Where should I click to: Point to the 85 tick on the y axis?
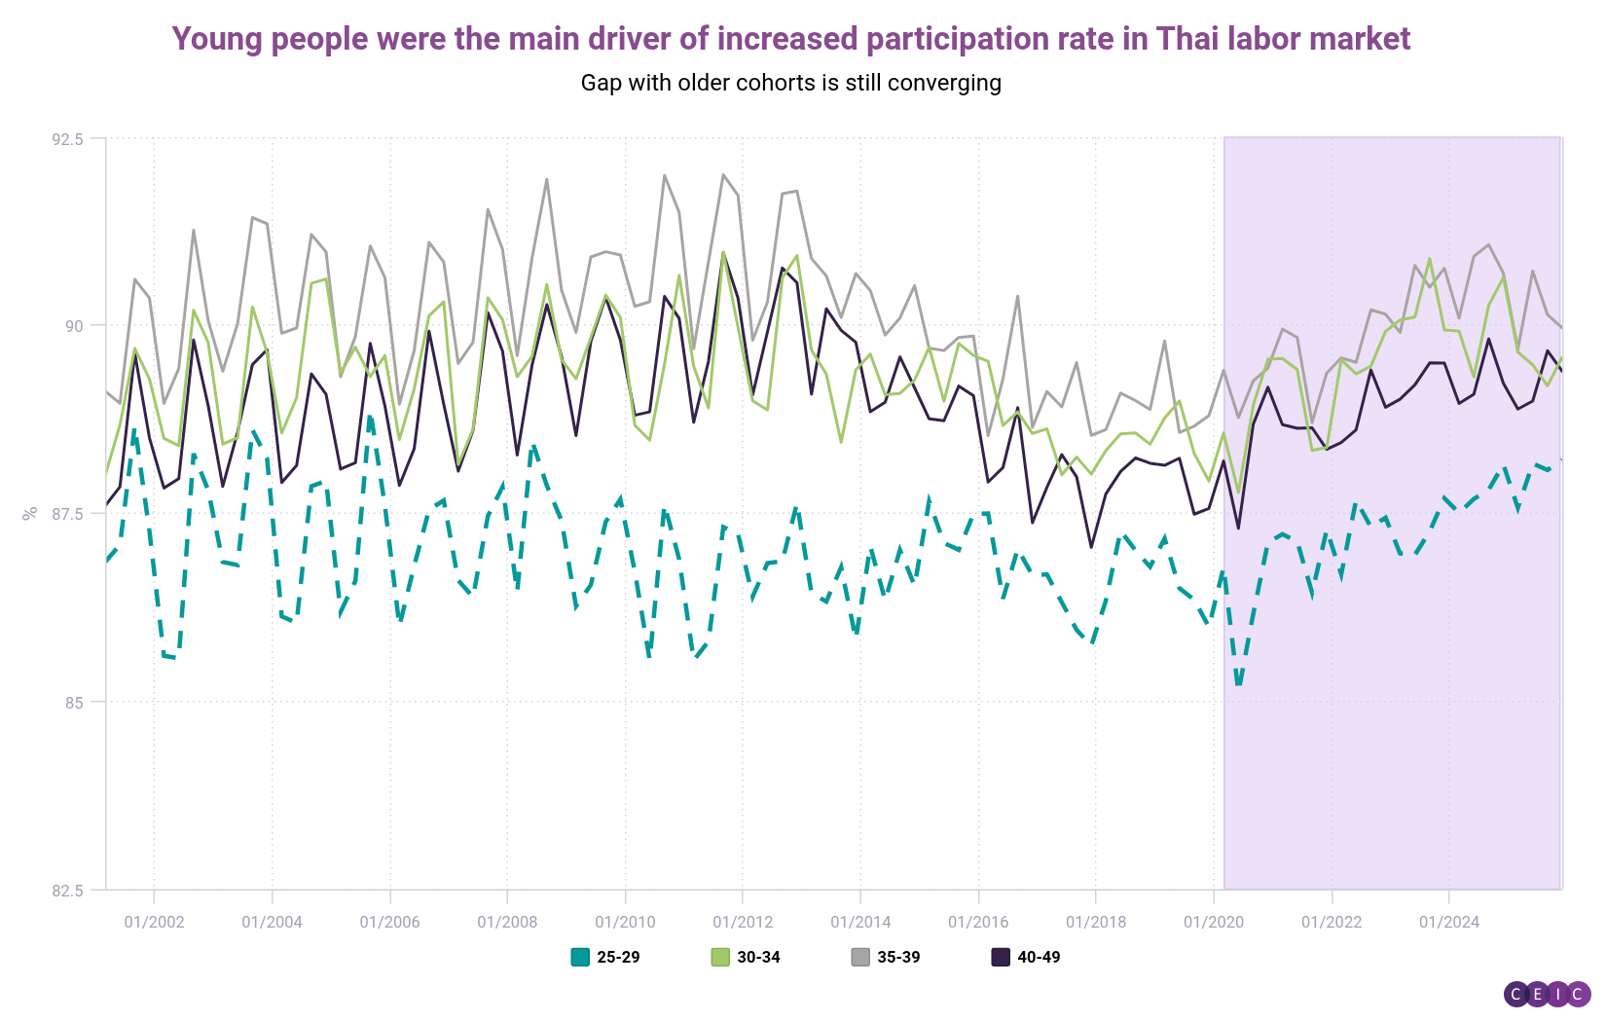pos(73,702)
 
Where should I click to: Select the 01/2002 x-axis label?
pos(154,922)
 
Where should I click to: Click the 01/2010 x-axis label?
pos(625,922)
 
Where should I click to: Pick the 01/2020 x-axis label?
pos(1214,922)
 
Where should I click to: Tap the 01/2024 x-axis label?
pos(1449,922)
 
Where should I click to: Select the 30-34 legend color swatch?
pos(720,957)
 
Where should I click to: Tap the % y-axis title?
pos(30,513)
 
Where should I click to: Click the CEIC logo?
pos(1547,994)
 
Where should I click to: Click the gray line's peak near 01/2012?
pos(723,175)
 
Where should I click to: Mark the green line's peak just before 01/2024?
pos(1430,259)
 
